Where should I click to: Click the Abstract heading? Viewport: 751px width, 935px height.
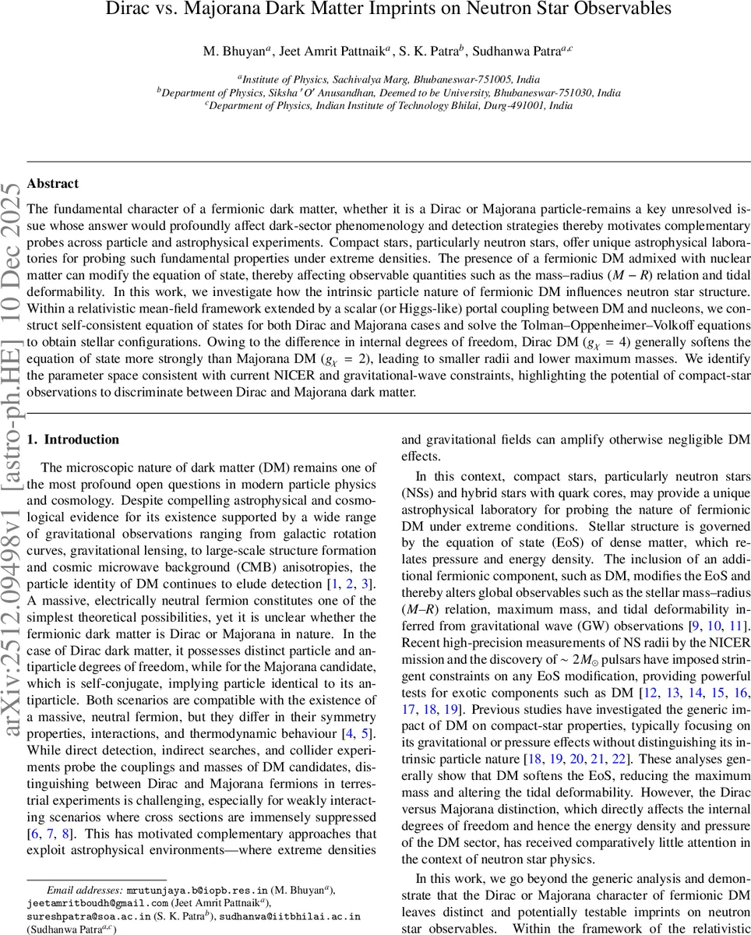tap(52, 184)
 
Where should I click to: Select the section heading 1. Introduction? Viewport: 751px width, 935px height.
tap(73, 439)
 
